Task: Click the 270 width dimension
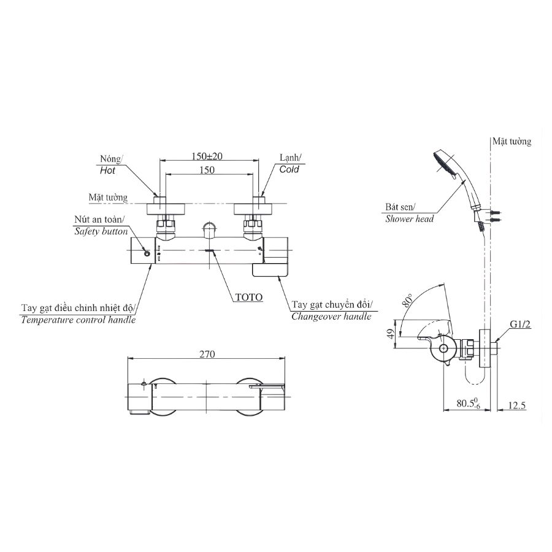click(x=207, y=354)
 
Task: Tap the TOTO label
click(x=249, y=297)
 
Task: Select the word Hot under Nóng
click(x=107, y=172)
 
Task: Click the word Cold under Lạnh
click(x=289, y=169)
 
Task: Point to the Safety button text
click(x=101, y=231)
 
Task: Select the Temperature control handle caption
click(x=78, y=320)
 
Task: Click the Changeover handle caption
click(x=331, y=316)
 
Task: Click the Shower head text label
click(x=409, y=218)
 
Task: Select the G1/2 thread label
click(x=519, y=324)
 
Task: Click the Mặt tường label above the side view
click(x=511, y=142)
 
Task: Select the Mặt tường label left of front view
click(x=107, y=197)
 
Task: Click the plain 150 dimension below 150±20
click(x=207, y=171)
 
